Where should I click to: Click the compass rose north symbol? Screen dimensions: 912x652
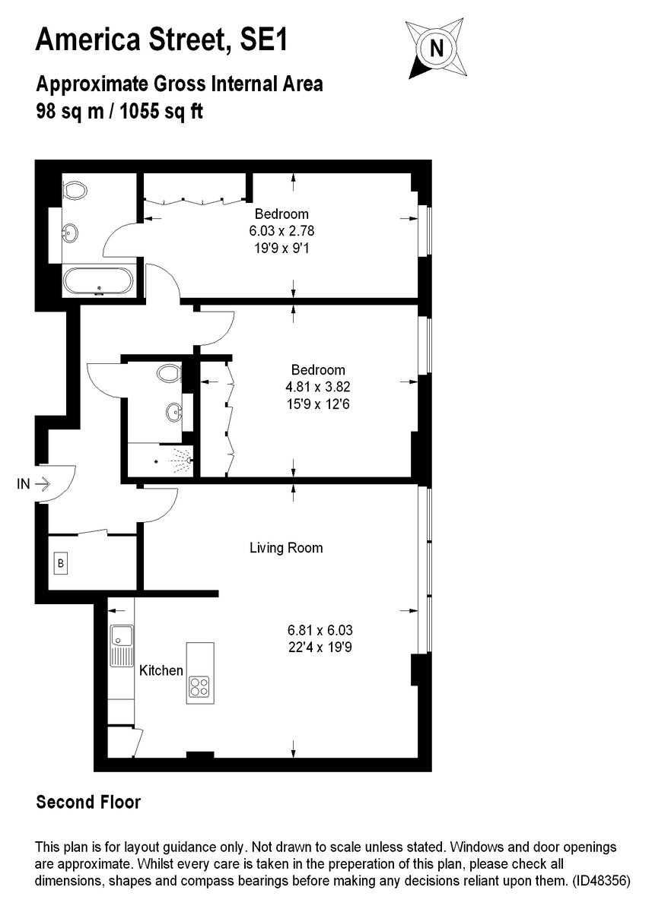(x=436, y=49)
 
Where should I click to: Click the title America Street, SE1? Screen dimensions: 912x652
(x=162, y=40)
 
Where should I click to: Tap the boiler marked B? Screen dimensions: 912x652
(x=60, y=563)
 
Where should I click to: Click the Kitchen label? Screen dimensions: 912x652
(x=161, y=670)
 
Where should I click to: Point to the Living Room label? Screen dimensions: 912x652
(x=286, y=547)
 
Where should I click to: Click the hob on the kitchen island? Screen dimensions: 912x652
(x=199, y=686)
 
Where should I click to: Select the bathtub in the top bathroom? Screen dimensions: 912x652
(x=98, y=280)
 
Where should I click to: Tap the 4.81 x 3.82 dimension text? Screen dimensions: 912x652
(x=318, y=386)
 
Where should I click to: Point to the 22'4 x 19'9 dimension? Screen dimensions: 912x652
(x=320, y=648)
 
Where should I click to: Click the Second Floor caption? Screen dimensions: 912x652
(x=89, y=802)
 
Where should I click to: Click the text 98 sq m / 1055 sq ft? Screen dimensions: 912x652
(x=119, y=111)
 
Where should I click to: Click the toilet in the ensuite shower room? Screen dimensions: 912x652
(x=169, y=373)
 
